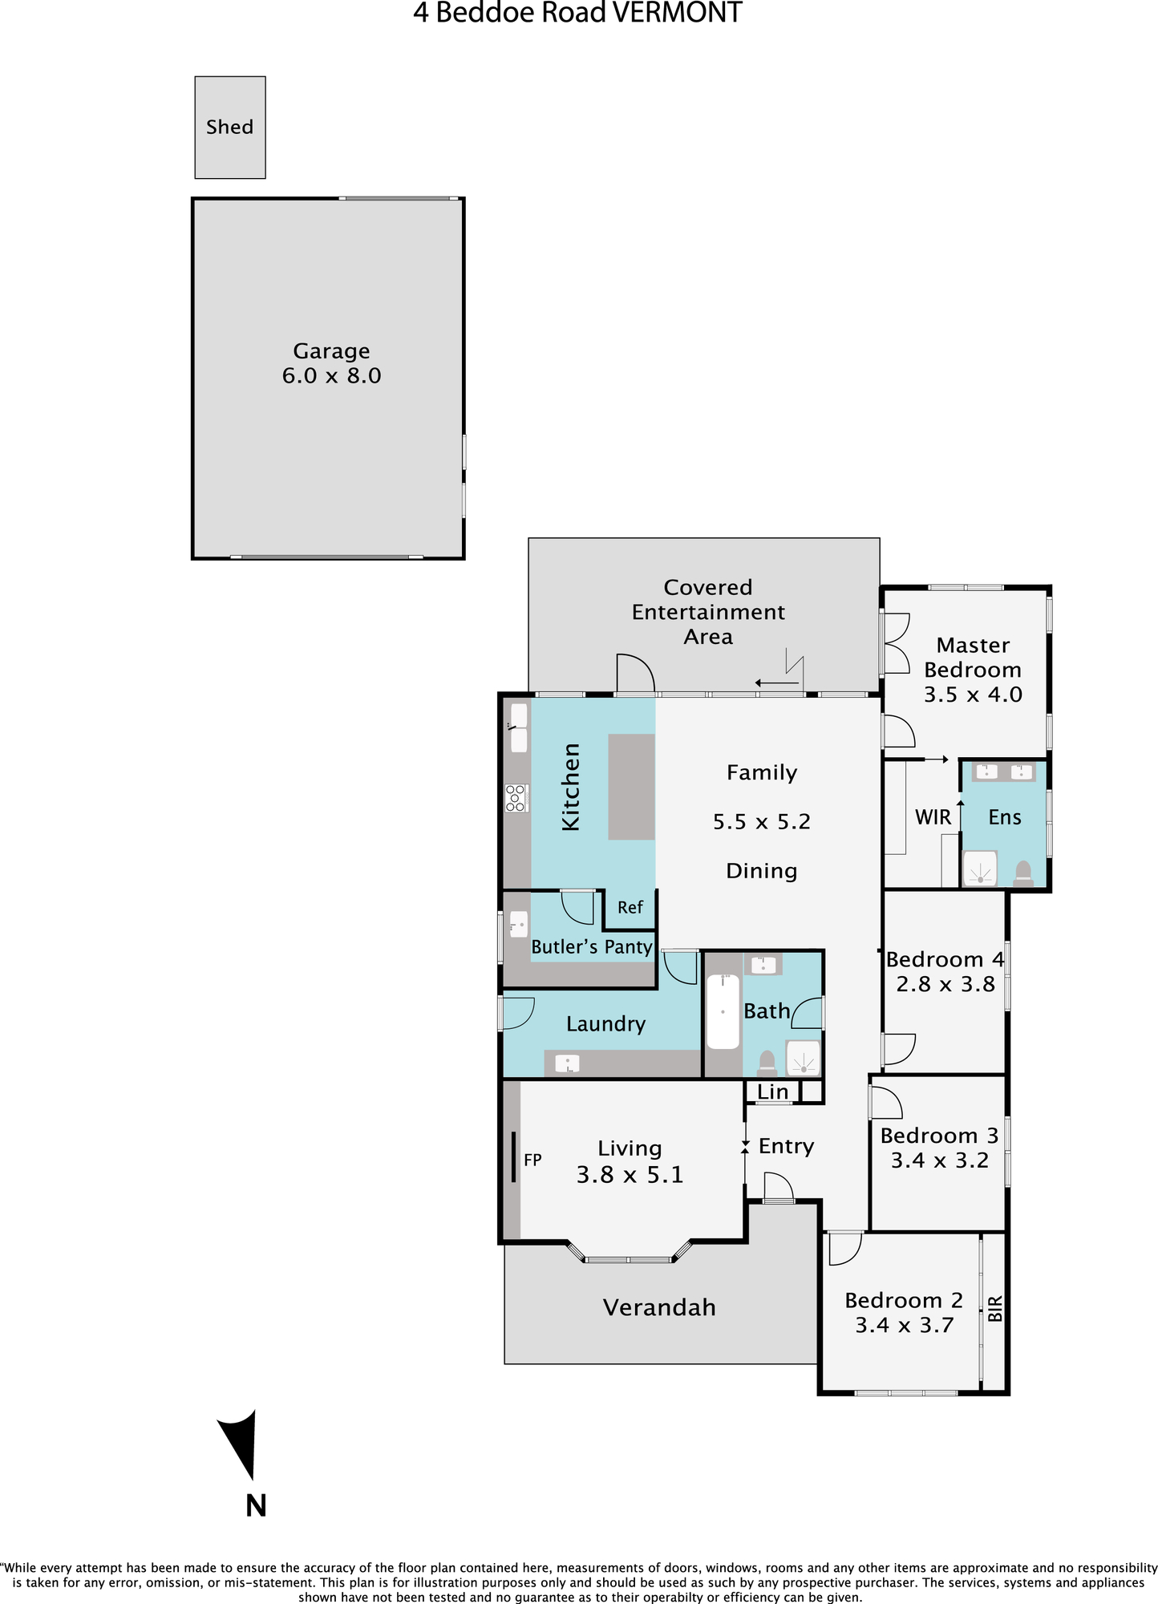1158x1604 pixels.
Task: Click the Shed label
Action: pyautogui.click(x=229, y=127)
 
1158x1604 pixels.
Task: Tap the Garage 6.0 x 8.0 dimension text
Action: pyautogui.click(x=331, y=375)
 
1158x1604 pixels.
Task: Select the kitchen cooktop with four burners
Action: pyautogui.click(x=516, y=798)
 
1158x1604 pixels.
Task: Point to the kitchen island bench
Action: pyautogui.click(x=632, y=787)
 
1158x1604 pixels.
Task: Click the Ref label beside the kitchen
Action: pyautogui.click(x=630, y=907)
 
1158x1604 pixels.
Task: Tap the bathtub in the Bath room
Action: pyautogui.click(x=723, y=1011)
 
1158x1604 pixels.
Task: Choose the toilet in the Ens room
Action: pyautogui.click(x=1022, y=873)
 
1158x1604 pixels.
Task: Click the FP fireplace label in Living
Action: pyautogui.click(x=532, y=1160)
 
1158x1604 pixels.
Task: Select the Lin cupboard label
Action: pyautogui.click(x=773, y=1092)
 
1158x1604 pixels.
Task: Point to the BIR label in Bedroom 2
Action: pyautogui.click(x=995, y=1309)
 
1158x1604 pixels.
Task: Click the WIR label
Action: pyautogui.click(x=933, y=817)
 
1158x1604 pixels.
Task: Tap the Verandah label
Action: pyautogui.click(x=659, y=1307)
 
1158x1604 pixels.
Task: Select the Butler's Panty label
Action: pyautogui.click(x=592, y=946)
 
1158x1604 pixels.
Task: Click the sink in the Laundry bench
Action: pyautogui.click(x=567, y=1063)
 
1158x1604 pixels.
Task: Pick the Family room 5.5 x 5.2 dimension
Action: pyautogui.click(x=762, y=822)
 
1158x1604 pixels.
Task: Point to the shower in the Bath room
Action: pyautogui.click(x=803, y=1058)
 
